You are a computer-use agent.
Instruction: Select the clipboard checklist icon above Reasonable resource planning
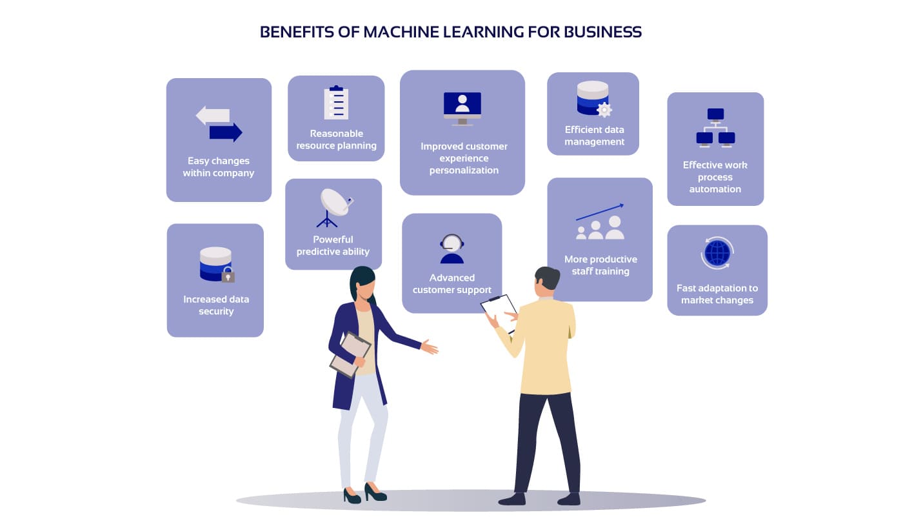pyautogui.click(x=336, y=103)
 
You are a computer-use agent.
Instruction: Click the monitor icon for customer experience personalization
pyautogui.click(x=462, y=107)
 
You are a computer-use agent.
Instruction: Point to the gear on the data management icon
pyautogui.click(x=604, y=110)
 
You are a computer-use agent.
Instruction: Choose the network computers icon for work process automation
pyautogui.click(x=715, y=128)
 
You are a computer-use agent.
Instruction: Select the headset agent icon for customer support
pyautogui.click(x=451, y=249)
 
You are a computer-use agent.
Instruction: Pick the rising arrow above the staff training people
pyautogui.click(x=600, y=211)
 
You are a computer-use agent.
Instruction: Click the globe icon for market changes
pyautogui.click(x=717, y=253)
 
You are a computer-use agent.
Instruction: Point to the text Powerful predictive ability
pyautogui.click(x=333, y=245)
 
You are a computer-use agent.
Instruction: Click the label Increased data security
pyautogui.click(x=215, y=305)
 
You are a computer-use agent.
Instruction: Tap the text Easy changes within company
pyautogui.click(x=218, y=167)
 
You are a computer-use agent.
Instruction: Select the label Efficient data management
pyautogui.click(x=594, y=136)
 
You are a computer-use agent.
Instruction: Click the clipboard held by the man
pyautogui.click(x=499, y=311)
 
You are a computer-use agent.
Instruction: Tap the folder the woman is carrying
pyautogui.click(x=350, y=354)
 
